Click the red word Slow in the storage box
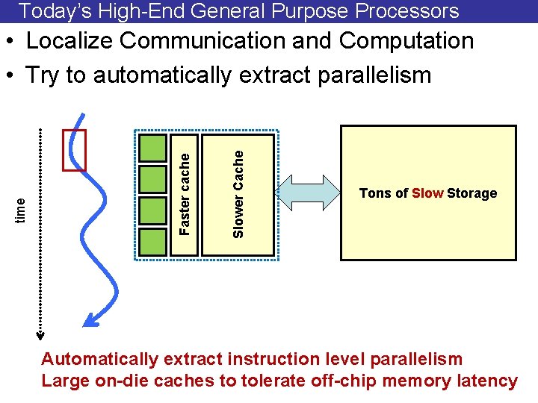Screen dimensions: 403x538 click(x=427, y=193)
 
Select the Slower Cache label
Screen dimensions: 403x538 click(x=238, y=194)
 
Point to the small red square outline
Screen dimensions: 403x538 click(x=75, y=150)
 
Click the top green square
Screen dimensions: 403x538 click(x=153, y=147)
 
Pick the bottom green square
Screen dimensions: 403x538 click(x=153, y=242)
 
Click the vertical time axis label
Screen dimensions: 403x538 click(x=22, y=207)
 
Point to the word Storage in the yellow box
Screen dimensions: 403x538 click(x=471, y=193)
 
